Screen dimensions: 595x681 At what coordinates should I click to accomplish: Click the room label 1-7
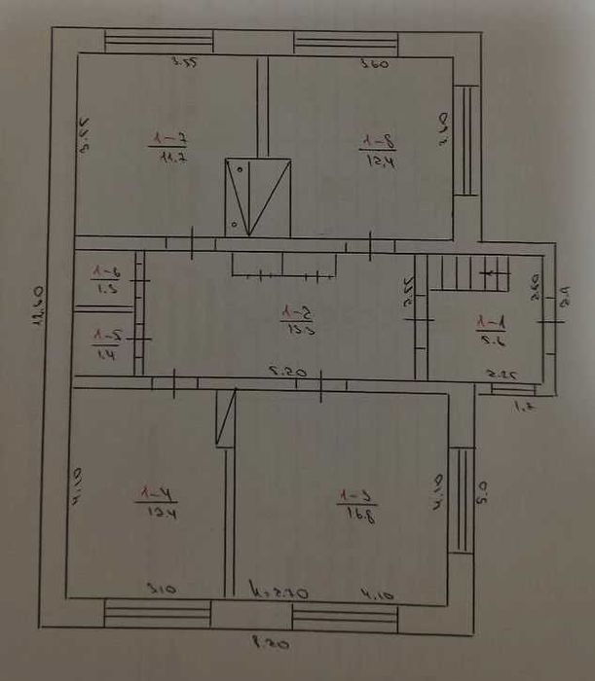168,138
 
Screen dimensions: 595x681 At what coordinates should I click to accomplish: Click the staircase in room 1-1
470,272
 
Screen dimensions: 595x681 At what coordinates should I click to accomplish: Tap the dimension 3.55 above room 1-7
183,64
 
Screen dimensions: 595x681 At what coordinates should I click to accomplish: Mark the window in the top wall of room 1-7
159,42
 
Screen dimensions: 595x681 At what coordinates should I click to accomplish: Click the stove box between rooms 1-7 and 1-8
257,196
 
